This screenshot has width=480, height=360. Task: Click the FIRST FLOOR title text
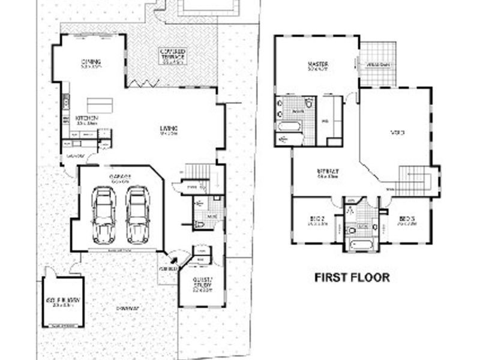point(353,278)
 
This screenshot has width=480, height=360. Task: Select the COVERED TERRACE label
point(172,56)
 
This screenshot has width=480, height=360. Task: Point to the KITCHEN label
point(86,119)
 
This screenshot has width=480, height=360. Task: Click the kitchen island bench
point(100,104)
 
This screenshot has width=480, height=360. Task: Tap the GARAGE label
point(120,176)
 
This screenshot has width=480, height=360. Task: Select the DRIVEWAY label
point(128,308)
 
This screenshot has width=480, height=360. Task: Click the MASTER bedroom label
point(317,64)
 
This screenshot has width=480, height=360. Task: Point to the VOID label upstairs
point(397,133)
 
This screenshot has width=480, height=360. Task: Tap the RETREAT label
point(328,173)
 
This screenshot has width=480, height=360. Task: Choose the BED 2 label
point(317,220)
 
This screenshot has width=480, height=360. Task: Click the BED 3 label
point(406,220)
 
